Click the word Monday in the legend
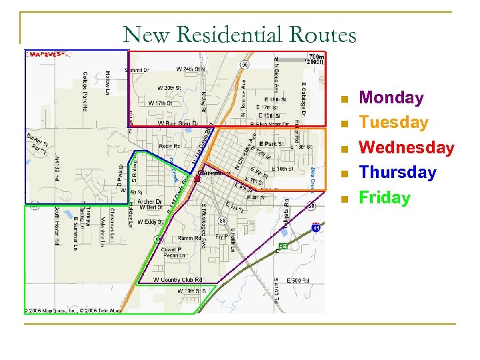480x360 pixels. [x=391, y=98]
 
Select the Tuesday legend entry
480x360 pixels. [x=393, y=123]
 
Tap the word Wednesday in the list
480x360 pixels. [x=407, y=147]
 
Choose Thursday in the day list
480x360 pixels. [x=397, y=172]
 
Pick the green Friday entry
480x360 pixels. [x=385, y=197]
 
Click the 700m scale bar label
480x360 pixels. [x=316, y=57]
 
